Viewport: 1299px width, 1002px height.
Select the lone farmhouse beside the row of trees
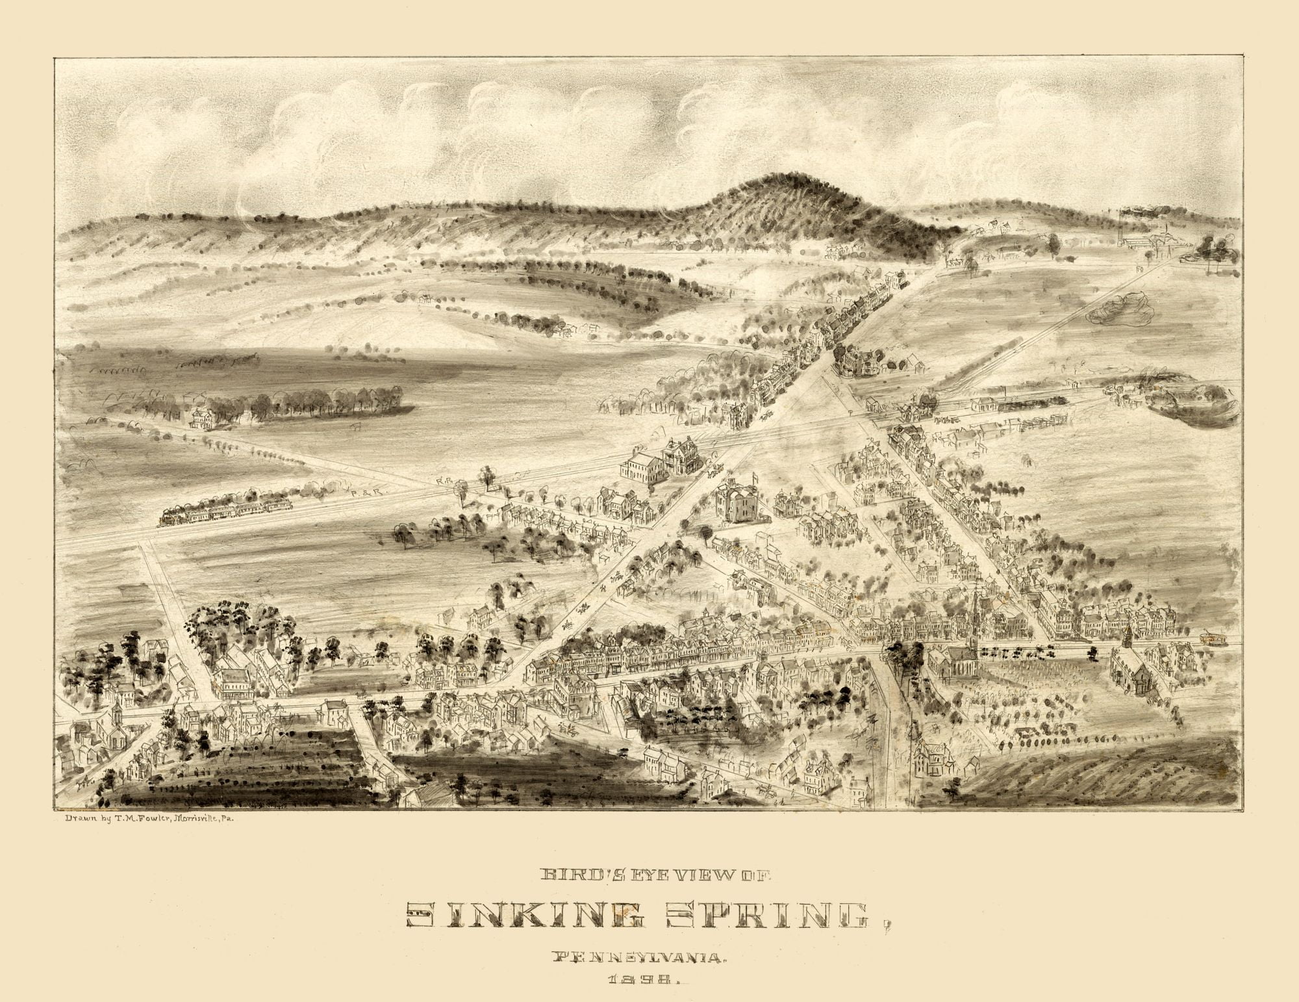click(203, 418)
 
